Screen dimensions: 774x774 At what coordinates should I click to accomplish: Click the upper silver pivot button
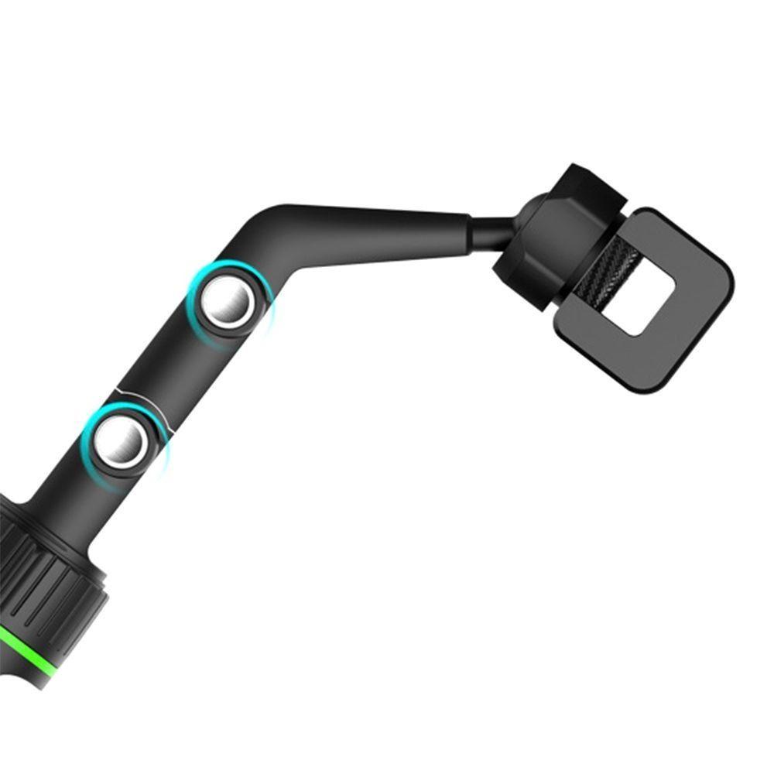(226, 303)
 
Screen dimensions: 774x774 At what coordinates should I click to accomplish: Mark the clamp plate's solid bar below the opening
(619, 356)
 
